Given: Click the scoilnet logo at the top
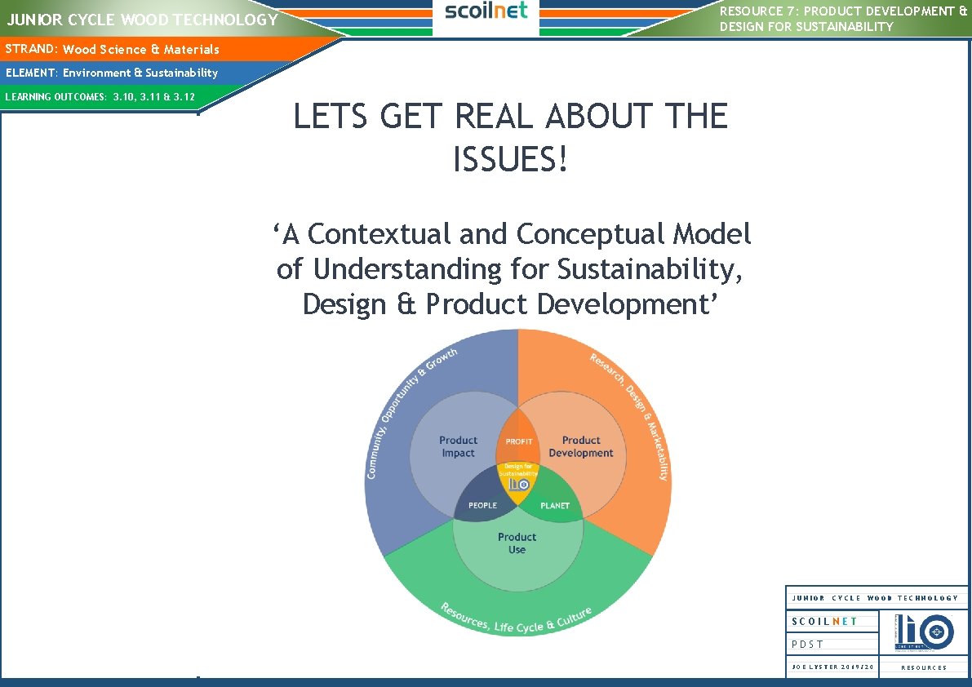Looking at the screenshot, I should click(486, 11).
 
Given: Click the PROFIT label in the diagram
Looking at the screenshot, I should click(519, 441).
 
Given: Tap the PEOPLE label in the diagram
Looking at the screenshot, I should click(482, 506).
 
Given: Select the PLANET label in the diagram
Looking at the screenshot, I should click(555, 506).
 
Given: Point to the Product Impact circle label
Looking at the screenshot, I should click(458, 446).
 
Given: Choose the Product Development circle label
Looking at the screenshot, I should click(580, 446).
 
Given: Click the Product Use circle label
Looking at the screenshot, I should click(517, 543).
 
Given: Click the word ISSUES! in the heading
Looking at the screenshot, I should click(510, 161).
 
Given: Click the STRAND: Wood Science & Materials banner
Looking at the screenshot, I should click(113, 50).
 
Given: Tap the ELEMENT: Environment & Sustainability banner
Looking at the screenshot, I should click(112, 73).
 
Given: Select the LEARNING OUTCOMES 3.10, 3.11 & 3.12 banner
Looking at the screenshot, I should click(100, 97).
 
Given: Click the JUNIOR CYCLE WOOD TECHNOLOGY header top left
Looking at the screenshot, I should click(143, 20).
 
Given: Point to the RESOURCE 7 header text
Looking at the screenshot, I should click(843, 19).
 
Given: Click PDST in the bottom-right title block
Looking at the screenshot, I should click(808, 645).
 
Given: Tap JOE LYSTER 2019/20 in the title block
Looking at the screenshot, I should click(832, 667).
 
